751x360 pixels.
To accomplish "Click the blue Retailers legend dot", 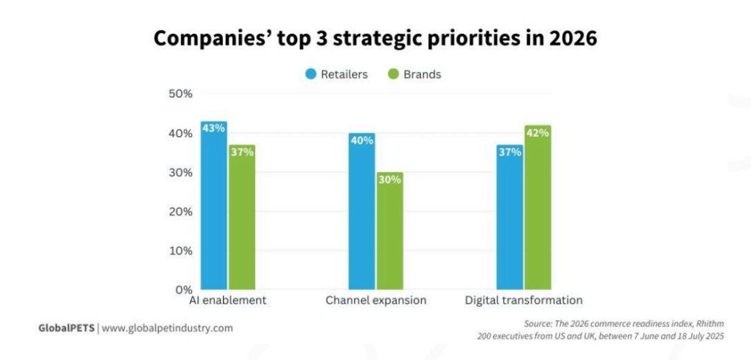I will pos(310,74).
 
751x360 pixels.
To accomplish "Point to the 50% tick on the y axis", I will pos(180,94).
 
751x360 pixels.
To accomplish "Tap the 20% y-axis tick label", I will pos(180,211).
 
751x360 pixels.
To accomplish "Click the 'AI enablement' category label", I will pos(227,301).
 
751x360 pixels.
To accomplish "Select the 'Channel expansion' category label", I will pos(375,301).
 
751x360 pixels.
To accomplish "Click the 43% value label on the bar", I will pos(214,128).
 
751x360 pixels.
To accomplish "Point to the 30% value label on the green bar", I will pos(389,179).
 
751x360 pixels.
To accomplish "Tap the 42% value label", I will pos(538,133).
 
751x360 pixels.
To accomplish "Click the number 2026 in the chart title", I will pos(570,38).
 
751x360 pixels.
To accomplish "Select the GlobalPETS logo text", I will pos(66,328).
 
